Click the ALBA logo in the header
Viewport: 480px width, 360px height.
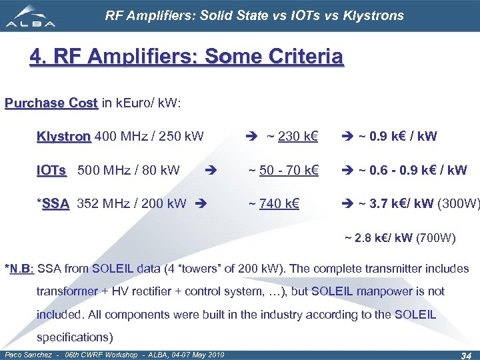click(32, 15)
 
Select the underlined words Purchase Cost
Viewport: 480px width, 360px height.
click(51, 103)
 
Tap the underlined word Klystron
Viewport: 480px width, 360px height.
click(64, 137)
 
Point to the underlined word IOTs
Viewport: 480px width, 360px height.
click(51, 170)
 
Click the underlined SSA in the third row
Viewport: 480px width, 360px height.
click(55, 204)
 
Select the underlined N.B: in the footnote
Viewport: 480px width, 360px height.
click(21, 269)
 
